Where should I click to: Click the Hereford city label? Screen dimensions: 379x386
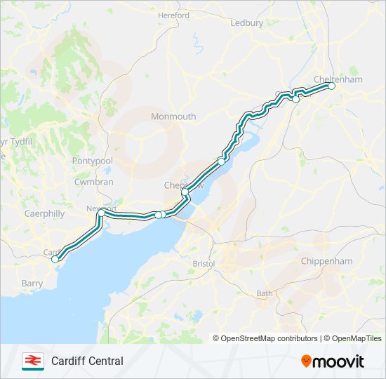(174, 15)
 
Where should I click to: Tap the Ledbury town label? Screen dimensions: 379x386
(247, 22)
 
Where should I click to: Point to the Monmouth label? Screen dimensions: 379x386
(173, 117)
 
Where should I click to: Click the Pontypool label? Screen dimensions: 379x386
(93, 161)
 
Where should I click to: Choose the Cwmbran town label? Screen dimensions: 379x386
(93, 182)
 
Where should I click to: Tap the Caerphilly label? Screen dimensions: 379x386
(44, 213)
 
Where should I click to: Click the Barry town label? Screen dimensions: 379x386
(32, 283)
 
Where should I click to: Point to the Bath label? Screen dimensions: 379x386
(265, 293)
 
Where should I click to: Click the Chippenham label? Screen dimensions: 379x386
(326, 260)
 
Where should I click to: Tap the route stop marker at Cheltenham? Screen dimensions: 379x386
(332, 86)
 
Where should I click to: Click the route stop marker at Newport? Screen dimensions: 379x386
(101, 212)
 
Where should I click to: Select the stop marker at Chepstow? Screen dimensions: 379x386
(185, 192)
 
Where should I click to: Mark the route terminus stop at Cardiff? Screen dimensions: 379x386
(55, 259)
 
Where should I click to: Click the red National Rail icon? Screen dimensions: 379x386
(32, 361)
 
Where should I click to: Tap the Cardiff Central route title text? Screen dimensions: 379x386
(87, 361)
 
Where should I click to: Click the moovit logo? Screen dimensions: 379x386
(333, 361)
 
